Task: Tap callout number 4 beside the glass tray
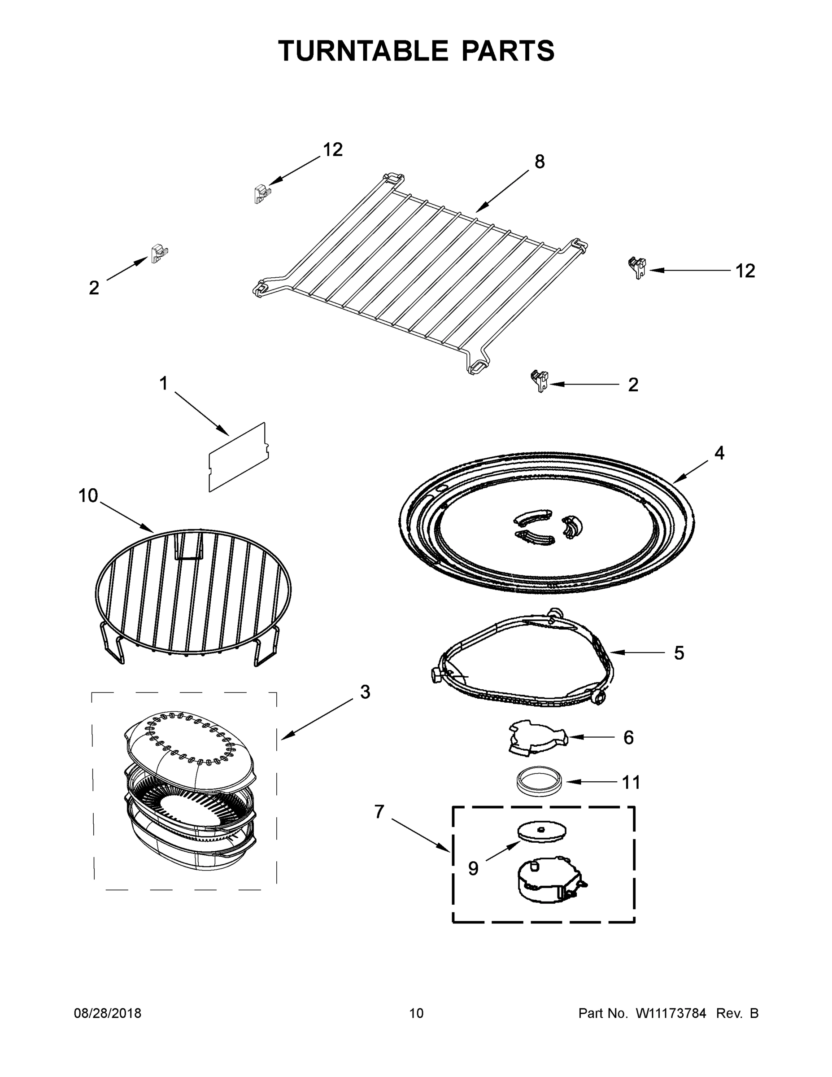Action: tap(719, 453)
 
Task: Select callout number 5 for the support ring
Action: tap(679, 653)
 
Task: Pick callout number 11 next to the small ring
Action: tap(632, 782)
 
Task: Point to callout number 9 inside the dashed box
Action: tap(473, 868)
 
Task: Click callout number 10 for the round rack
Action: tap(88, 495)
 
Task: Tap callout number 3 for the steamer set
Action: tap(365, 692)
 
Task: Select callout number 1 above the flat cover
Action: tap(164, 383)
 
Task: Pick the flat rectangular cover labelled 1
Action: tap(239, 457)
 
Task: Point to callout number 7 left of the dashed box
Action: tap(379, 811)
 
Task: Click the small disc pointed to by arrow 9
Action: tap(541, 831)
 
